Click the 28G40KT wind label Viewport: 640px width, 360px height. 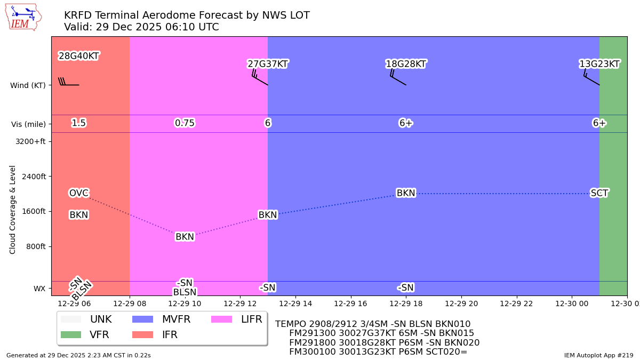click(78, 56)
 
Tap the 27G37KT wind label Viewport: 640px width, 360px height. click(268, 64)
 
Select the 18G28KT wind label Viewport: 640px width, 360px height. click(406, 64)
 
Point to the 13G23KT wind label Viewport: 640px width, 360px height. click(599, 64)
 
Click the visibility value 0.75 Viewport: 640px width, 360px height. click(185, 123)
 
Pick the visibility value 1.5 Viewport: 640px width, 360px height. click(78, 123)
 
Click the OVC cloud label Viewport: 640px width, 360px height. click(78, 193)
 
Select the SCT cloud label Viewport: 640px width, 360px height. click(599, 193)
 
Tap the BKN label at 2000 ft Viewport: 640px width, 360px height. click(406, 193)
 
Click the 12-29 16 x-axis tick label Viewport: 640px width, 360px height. click(350, 303)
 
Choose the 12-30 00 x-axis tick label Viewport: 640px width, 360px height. click(572, 303)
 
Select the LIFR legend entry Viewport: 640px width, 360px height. click(251, 319)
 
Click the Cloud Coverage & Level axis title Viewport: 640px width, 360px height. click(13, 209)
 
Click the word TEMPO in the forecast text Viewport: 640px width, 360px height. click(291, 324)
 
